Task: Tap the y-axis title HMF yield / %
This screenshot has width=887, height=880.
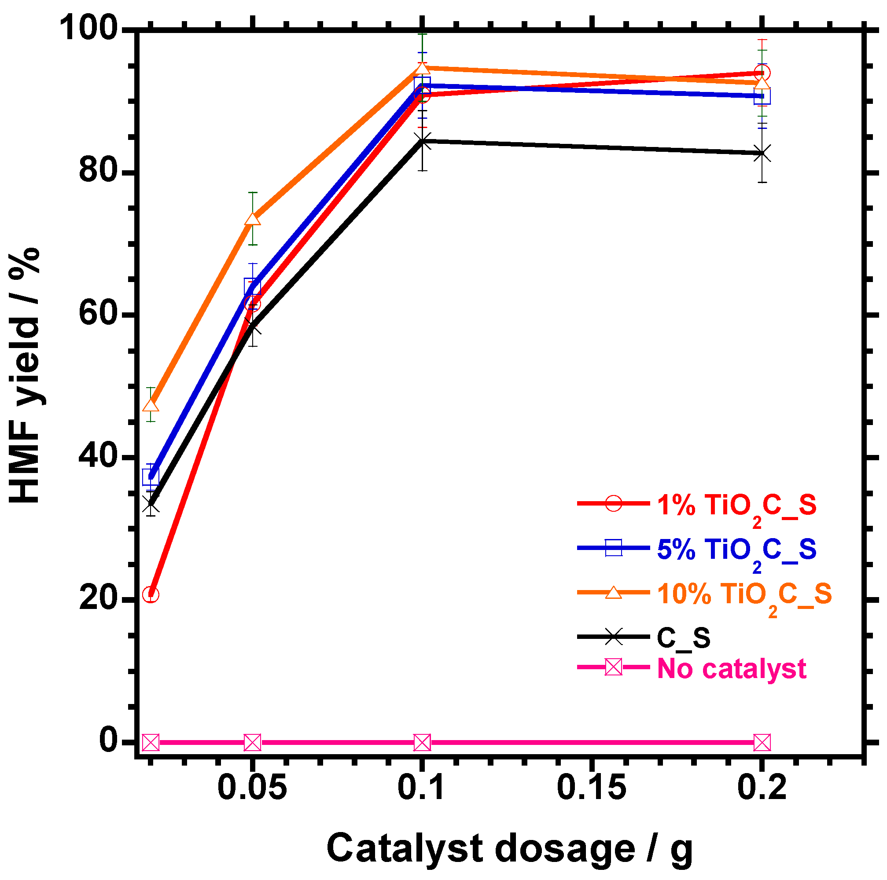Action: coord(25,377)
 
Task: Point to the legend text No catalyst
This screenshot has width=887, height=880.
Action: coord(732,668)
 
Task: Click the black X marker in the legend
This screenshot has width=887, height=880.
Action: coord(613,637)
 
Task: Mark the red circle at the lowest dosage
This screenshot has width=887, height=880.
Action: coord(151,594)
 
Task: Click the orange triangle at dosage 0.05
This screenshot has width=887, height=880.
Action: coord(253,219)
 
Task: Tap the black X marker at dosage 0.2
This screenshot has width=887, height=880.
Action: coord(762,153)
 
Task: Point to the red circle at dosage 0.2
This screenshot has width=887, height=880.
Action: coord(762,73)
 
